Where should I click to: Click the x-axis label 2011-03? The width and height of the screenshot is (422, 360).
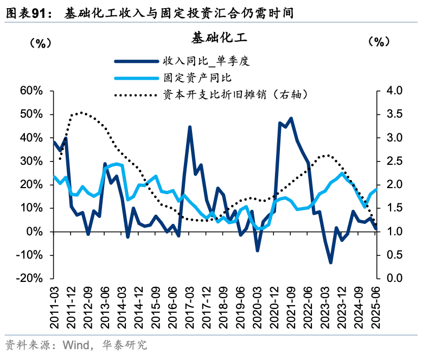(x=55, y=306)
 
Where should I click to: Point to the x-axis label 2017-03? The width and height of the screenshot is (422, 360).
(x=190, y=306)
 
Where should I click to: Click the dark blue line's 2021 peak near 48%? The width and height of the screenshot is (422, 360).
(x=291, y=118)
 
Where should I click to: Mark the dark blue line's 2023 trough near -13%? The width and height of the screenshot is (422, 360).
(x=330, y=262)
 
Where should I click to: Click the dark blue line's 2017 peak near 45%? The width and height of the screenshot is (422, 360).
(x=190, y=127)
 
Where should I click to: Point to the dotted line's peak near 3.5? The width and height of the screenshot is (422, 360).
(x=81, y=113)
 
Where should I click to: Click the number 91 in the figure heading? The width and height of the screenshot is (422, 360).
(x=44, y=13)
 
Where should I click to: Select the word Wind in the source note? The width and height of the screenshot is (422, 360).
(x=75, y=345)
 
